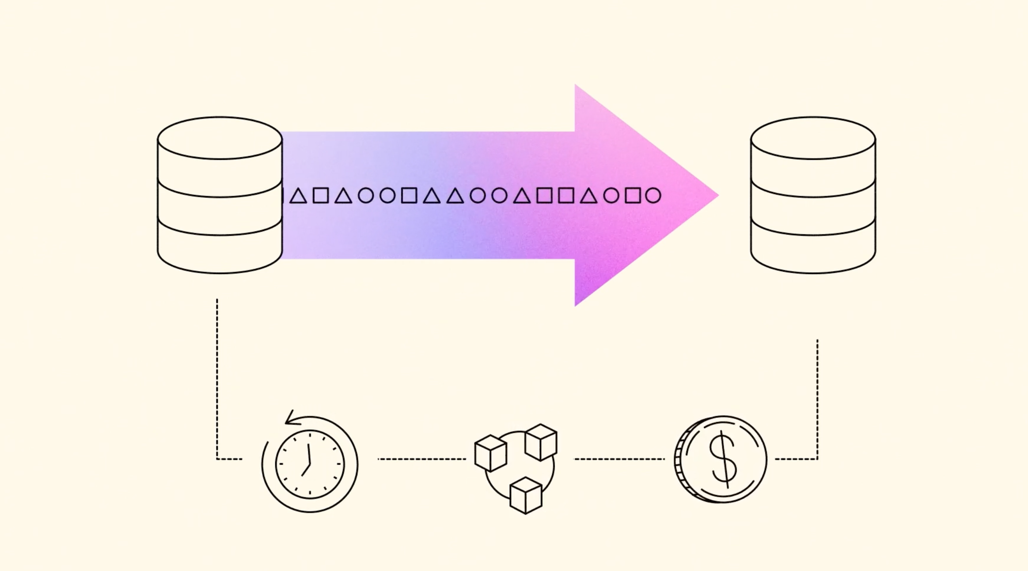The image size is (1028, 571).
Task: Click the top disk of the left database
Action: pyautogui.click(x=220, y=138)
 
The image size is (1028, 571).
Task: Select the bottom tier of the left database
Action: pyautogui.click(x=220, y=252)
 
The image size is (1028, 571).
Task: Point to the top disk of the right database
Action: pyautogui.click(x=813, y=138)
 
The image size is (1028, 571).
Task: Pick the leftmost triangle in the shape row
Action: pyautogui.click(x=298, y=196)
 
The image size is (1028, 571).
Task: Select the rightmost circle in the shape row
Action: pyautogui.click(x=653, y=195)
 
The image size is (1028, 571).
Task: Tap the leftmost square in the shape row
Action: pyautogui.click(x=321, y=195)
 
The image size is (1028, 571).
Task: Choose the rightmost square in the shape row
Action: pyautogui.click(x=633, y=195)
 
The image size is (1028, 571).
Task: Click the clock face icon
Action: pyautogui.click(x=310, y=464)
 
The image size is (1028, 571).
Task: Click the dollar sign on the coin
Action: pyautogui.click(x=723, y=459)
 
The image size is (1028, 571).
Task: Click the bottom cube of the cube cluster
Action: pyautogui.click(x=526, y=495)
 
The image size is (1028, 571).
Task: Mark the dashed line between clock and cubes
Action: pyautogui.click(x=422, y=459)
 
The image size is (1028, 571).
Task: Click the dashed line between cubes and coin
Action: pyautogui.click(x=619, y=459)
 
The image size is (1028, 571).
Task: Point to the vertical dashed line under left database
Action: pyautogui.click(x=217, y=379)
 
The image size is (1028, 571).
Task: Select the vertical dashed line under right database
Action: pyautogui.click(x=817, y=397)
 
